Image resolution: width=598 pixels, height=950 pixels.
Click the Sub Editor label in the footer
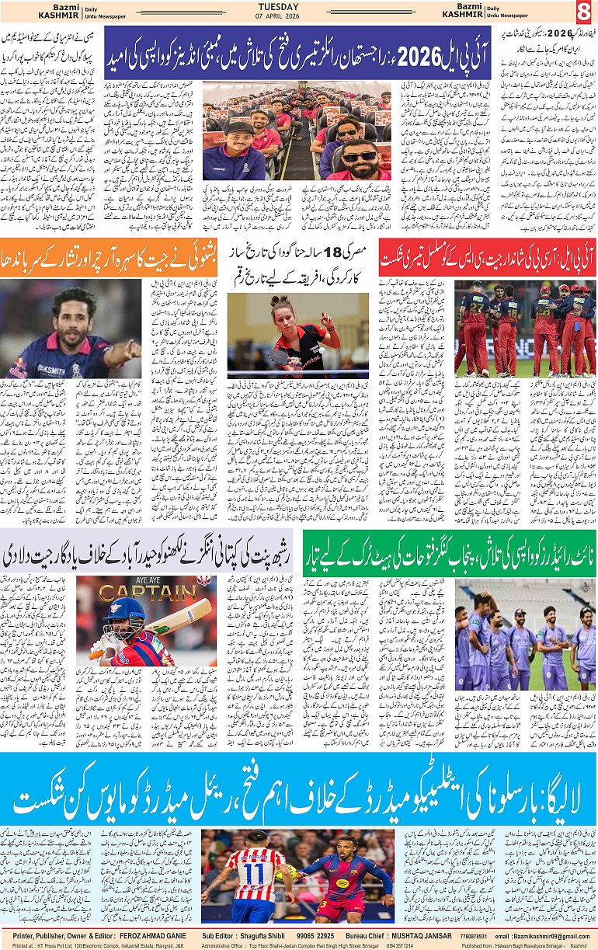[x=220, y=937]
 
